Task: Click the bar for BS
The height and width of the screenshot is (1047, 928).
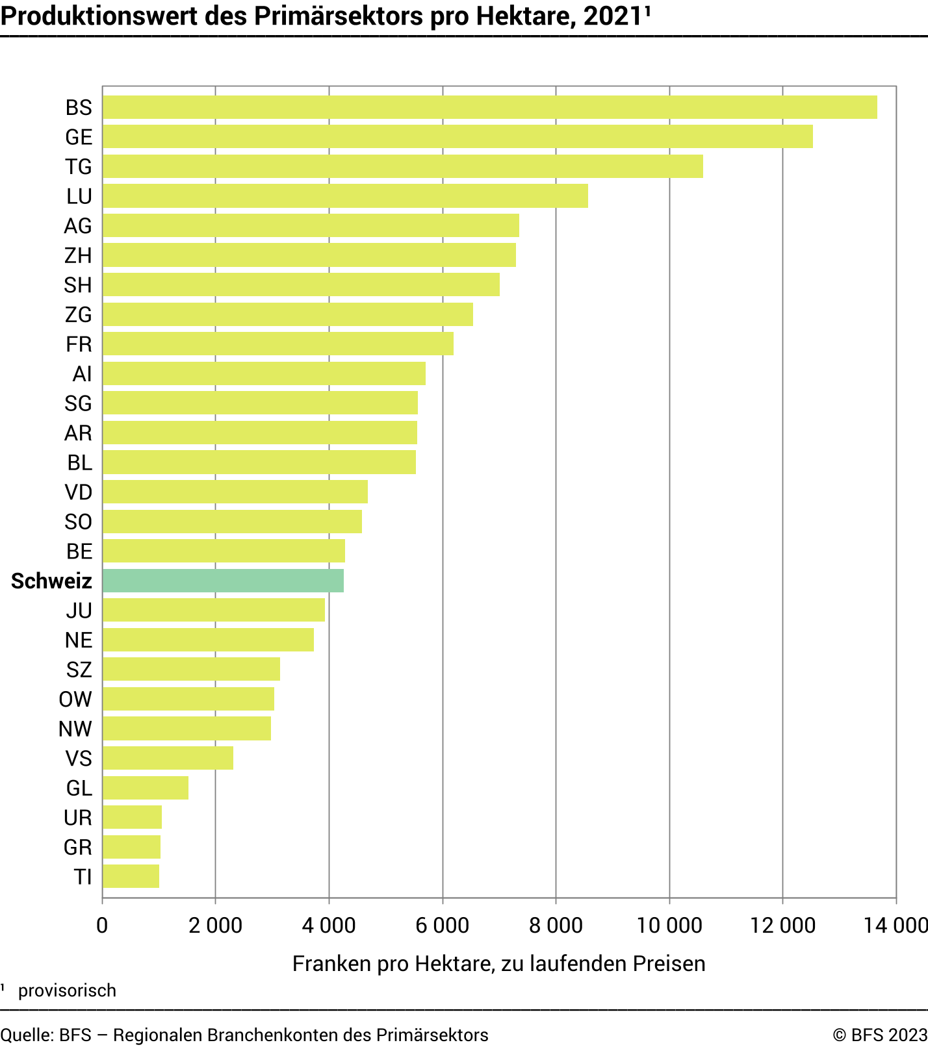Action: coord(489,107)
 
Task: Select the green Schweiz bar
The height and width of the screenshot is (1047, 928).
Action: coord(223,581)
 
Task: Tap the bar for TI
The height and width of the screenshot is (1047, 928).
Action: coord(131,876)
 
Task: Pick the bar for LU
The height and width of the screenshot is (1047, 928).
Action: coord(345,196)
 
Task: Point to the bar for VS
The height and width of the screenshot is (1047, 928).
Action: coord(168,758)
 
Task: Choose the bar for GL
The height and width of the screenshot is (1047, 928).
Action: coord(146,788)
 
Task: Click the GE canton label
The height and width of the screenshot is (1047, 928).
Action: coord(79,137)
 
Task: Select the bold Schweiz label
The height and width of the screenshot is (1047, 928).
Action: coord(51,581)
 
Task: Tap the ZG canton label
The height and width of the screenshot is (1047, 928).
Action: coord(78,315)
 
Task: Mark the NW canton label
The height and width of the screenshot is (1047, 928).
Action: coord(75,729)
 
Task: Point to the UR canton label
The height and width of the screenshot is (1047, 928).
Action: coord(78,818)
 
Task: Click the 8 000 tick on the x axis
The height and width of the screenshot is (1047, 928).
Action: coord(556,925)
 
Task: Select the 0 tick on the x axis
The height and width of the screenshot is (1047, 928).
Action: coord(102,925)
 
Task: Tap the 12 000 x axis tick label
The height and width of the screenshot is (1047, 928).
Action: coord(782,925)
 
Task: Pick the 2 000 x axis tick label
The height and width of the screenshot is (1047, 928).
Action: coord(215,925)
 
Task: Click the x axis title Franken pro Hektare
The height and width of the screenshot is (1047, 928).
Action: coord(498,963)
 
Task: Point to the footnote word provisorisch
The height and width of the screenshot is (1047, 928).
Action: coord(67,990)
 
